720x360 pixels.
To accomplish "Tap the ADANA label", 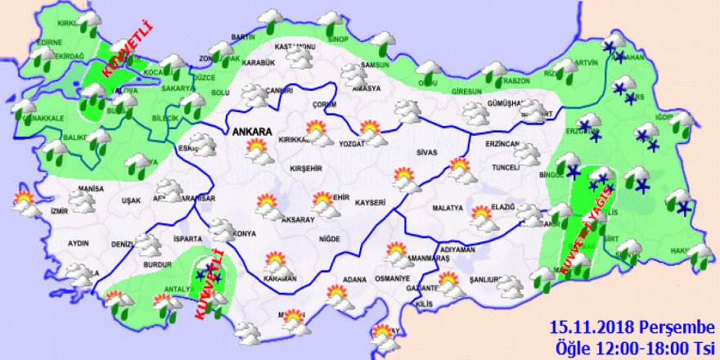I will click(355, 280).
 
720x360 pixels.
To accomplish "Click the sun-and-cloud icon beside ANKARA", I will click(259, 151).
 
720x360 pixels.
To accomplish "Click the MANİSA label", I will click(83, 189).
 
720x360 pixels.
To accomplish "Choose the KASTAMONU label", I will click(295, 47).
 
